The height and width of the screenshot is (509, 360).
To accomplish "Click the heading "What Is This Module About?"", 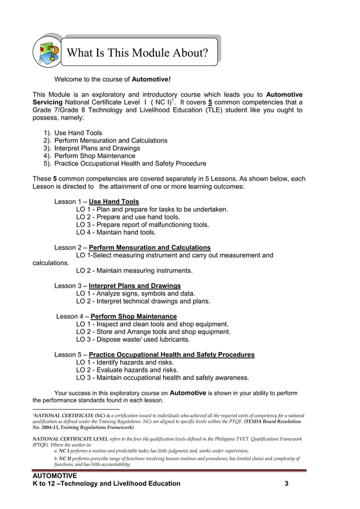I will pos(137,53).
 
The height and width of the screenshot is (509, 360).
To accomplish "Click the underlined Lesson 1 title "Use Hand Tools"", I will pos(114,201).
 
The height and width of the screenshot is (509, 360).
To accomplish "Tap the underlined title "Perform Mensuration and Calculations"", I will pos(150,248).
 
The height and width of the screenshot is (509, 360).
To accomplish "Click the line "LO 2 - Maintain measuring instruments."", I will pos(134,270).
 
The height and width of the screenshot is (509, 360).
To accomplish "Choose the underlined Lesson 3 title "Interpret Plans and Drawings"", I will pos(135,286).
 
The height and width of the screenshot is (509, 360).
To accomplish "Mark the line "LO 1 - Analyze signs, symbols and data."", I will pos(135,293).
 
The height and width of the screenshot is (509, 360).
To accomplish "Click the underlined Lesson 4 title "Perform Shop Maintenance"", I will pos(134,317).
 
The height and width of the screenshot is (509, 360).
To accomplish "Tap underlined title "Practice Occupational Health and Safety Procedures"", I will pos(172,355).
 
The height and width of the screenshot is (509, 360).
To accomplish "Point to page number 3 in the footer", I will pos(287,484).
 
